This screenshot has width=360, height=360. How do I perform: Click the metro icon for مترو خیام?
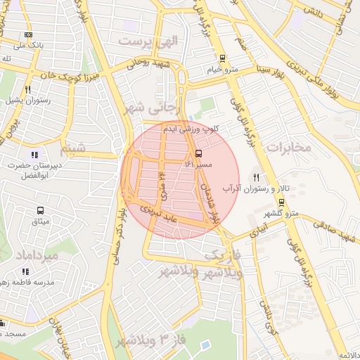[x=223, y=58]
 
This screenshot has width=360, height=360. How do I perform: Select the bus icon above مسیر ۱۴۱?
[x=198, y=153]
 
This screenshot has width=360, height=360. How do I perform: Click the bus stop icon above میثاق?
[x=40, y=210]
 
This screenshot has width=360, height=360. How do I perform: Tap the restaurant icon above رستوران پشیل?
[x=27, y=89]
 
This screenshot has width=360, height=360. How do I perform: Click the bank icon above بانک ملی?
[x=28, y=34]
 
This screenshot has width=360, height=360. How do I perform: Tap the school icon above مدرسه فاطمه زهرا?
[x=26, y=271]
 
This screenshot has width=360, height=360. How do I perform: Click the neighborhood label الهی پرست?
[x=149, y=41]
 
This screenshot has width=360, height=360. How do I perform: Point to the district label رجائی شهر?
[x=153, y=108]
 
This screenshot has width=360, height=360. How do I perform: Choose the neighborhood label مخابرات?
[x=289, y=147]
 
